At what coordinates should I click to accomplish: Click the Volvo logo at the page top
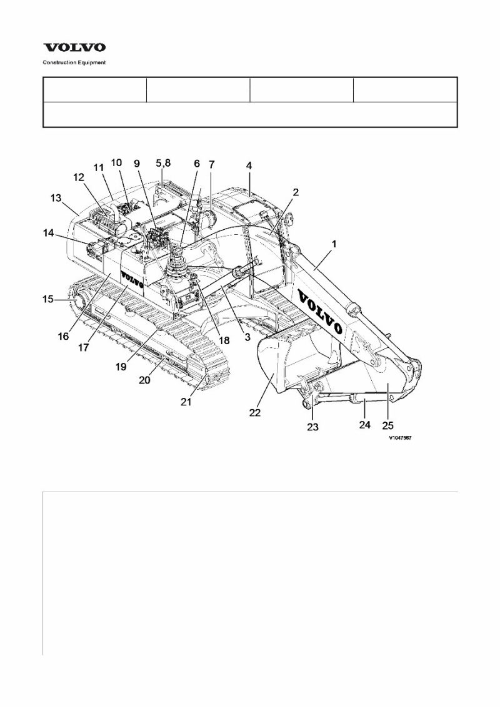(74, 47)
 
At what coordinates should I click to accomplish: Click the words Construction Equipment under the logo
(74, 62)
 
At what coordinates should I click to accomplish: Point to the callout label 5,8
(162, 164)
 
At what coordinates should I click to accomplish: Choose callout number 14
(48, 234)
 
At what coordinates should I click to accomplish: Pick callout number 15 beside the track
(48, 300)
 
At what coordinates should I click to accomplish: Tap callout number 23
(312, 427)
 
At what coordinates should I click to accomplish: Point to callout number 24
(365, 425)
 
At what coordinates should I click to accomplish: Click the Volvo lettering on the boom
(320, 310)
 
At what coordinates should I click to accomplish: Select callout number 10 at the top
(116, 162)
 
